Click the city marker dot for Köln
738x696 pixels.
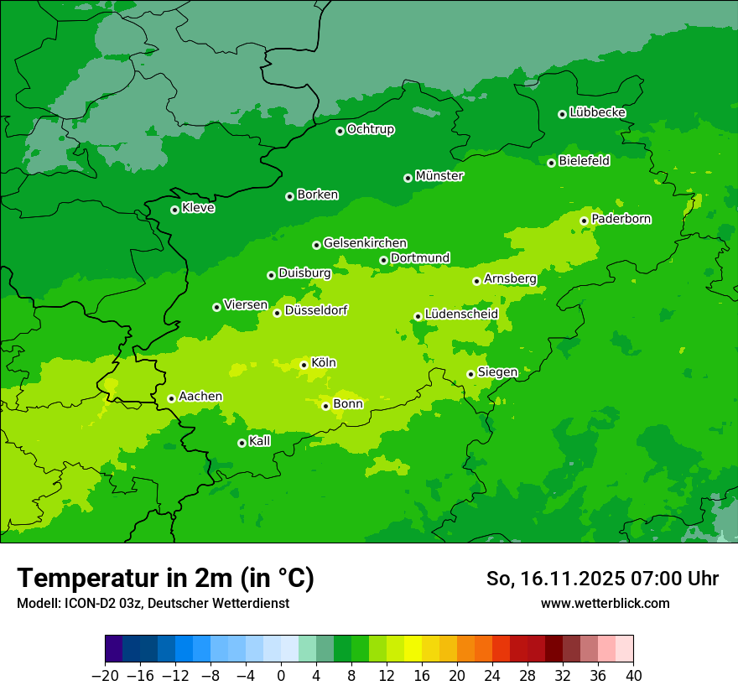pyautogui.click(x=304, y=365)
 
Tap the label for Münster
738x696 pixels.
pyautogui.click(x=439, y=176)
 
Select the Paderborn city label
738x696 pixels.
pyautogui.click(x=621, y=219)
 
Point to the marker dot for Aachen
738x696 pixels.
pyautogui.click(x=171, y=398)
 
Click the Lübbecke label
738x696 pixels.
pyautogui.click(x=597, y=112)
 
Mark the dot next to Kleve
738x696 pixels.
pyautogui.click(x=174, y=210)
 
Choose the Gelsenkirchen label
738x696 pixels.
pyautogui.click(x=365, y=243)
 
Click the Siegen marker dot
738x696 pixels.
pyautogui.click(x=470, y=374)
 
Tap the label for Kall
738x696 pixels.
pyautogui.click(x=260, y=441)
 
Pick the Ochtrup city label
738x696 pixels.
pyautogui.click(x=370, y=129)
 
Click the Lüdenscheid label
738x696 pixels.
pyautogui.click(x=461, y=314)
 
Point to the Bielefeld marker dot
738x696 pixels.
pyautogui.click(x=551, y=163)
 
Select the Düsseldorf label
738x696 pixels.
pyautogui.click(x=316, y=310)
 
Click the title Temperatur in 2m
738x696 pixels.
pyautogui.click(x=165, y=579)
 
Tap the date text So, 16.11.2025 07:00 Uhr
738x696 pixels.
pyautogui.click(x=602, y=579)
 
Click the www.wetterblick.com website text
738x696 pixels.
pyautogui.click(x=605, y=603)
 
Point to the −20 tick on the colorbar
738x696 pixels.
pyautogui.click(x=105, y=676)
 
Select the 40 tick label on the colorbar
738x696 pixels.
pyautogui.click(x=633, y=676)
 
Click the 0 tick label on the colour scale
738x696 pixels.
pyautogui.click(x=281, y=676)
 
